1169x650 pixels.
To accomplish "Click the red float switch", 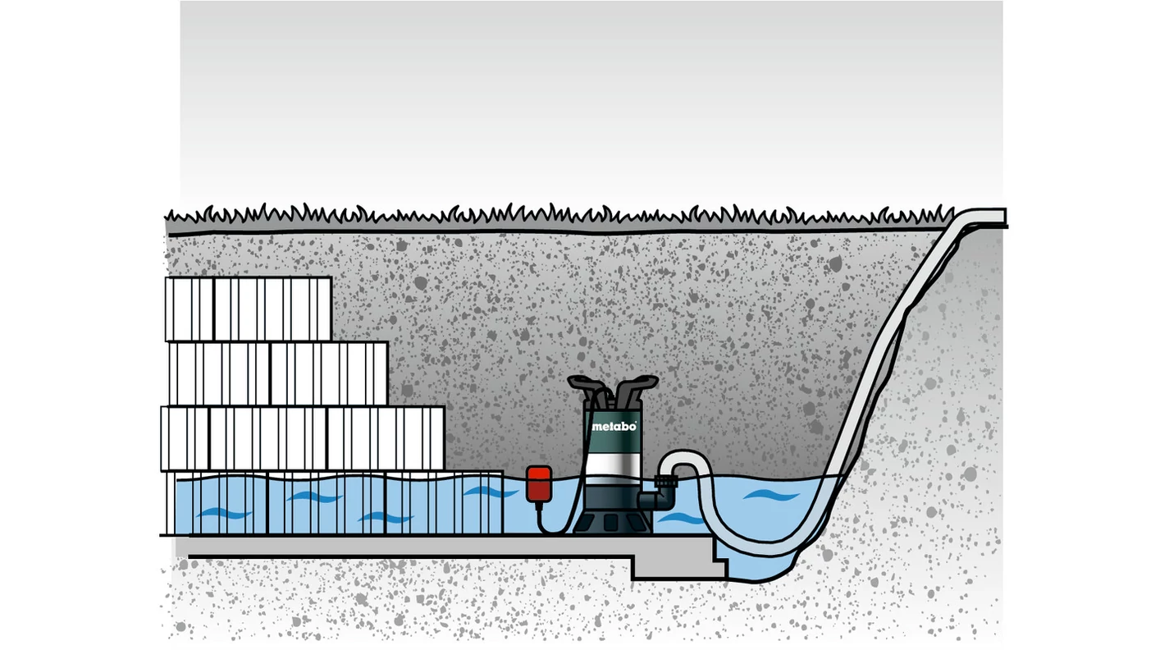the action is [539, 484].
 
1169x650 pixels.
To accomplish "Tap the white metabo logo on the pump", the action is [614, 426].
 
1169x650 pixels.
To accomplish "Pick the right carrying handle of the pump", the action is [636, 388].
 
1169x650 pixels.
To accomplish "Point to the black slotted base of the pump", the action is [612, 523].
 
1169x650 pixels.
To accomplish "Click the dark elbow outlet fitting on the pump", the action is [658, 500].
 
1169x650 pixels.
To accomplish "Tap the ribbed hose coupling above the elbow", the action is [666, 482].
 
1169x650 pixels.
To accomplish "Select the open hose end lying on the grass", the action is [984, 216].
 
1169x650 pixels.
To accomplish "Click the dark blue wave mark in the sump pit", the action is [771, 494].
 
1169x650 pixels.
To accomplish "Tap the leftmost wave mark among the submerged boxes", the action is [225, 514].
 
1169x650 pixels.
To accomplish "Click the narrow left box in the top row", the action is [189, 309].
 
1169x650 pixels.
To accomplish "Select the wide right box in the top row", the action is [272, 309].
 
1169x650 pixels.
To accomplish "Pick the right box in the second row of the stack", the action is [329, 373].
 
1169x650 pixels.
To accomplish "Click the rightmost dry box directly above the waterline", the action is [386, 438].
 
